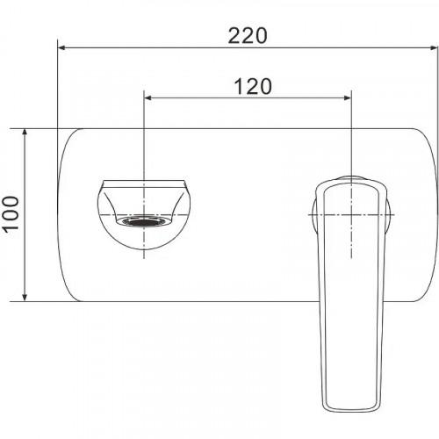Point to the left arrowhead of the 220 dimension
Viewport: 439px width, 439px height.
(63, 47)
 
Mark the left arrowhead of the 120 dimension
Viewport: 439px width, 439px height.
(149, 97)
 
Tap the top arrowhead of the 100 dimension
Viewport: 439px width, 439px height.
(27, 134)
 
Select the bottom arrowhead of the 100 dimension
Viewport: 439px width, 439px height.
(27, 295)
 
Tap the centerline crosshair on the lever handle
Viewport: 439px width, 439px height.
(351, 214)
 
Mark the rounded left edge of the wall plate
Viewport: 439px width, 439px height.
(59, 214)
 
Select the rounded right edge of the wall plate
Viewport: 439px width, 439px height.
(436, 214)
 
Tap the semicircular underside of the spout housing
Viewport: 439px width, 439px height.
(143, 247)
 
